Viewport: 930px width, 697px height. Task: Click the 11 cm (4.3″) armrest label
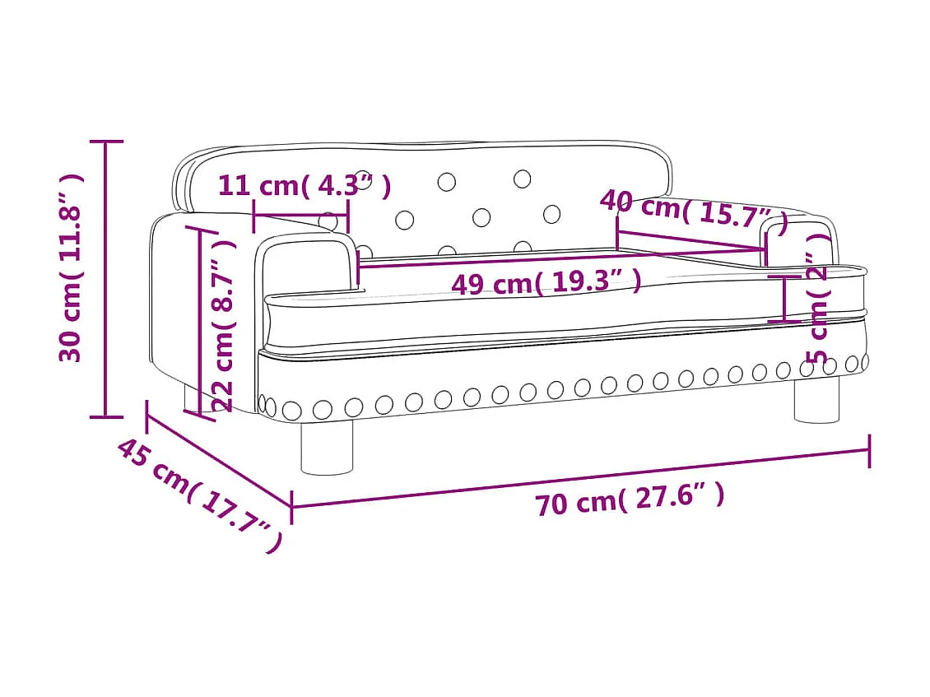coord(304,186)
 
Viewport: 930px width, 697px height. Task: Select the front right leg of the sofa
coord(816,400)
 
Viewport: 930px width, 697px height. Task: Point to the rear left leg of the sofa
coord(191,398)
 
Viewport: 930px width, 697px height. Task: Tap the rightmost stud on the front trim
coord(863,360)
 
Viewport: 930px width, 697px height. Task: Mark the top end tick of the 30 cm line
coord(105,142)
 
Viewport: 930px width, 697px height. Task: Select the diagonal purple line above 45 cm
coord(219,462)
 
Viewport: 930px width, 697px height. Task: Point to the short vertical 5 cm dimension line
coord(784,299)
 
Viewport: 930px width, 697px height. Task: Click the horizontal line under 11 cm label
coord(300,215)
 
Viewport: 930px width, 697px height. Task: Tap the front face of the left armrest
coord(309,263)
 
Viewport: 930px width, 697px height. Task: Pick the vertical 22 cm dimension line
coord(200,321)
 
